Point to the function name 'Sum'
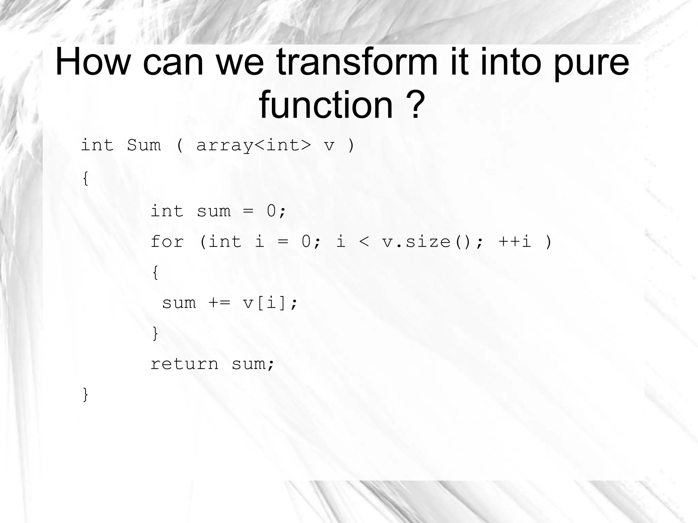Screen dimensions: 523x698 coord(144,145)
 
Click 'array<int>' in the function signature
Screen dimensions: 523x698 coord(254,145)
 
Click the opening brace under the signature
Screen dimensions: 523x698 coord(86,178)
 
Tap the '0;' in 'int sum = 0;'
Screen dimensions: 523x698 coord(276,211)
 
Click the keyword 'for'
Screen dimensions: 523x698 coord(167,242)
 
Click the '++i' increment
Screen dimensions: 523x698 coord(515,242)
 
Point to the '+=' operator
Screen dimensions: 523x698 coord(219,303)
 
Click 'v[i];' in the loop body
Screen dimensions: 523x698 coord(270,303)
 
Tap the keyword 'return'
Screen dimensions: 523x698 coord(184,364)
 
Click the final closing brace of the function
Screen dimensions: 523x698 coord(86,395)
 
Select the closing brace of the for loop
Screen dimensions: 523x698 coord(155,333)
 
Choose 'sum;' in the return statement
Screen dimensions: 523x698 coord(253,364)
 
